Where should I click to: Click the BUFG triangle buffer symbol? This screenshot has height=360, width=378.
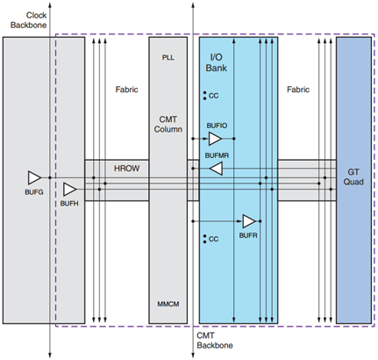coord(34,176)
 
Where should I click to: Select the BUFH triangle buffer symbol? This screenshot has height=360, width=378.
coord(69,188)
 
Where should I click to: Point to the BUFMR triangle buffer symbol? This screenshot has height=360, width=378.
coord(216,171)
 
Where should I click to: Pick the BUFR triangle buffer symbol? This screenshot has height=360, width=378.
coord(249,220)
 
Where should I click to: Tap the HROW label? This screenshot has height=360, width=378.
coord(116,166)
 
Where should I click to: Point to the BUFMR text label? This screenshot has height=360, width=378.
coord(218,155)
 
